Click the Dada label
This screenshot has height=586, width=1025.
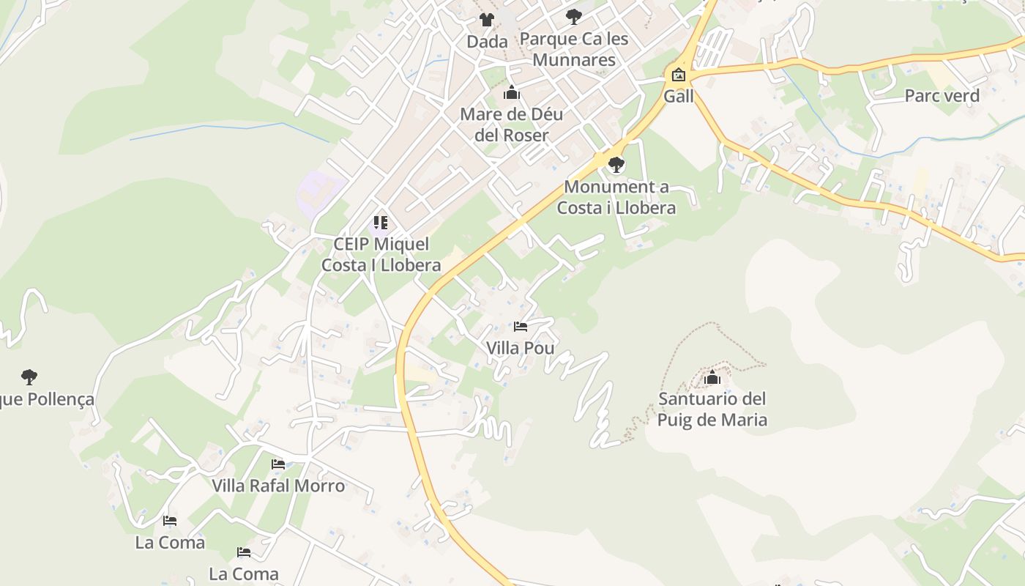[x=487, y=42]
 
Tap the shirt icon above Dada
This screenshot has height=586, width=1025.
[x=486, y=20]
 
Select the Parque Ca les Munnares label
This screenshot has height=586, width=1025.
[x=574, y=49]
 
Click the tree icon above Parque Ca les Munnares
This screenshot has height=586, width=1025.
[x=574, y=15]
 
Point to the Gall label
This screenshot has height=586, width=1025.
[x=678, y=96]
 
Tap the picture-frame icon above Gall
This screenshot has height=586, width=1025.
[x=678, y=74]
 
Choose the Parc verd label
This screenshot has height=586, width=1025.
[x=942, y=95]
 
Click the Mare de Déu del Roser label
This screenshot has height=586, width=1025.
[x=511, y=125]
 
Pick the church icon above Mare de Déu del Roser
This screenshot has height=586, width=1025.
[x=511, y=93]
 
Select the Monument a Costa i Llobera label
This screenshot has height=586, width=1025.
[x=616, y=197]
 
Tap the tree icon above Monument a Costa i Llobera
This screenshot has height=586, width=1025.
[x=616, y=164]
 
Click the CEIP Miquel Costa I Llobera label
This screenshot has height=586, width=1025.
[x=381, y=254]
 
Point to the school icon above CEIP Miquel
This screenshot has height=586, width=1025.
[x=380, y=222]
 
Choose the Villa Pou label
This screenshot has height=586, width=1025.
[x=520, y=348]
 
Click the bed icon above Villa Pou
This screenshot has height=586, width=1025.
[x=521, y=326]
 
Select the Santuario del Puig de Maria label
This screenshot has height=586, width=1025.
[x=712, y=409]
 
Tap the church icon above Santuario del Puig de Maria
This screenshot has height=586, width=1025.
[x=712, y=378]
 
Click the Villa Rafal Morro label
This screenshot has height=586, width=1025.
[x=278, y=486]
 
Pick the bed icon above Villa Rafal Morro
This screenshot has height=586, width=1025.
[x=278, y=464]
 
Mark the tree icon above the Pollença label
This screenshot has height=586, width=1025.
[x=29, y=377]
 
